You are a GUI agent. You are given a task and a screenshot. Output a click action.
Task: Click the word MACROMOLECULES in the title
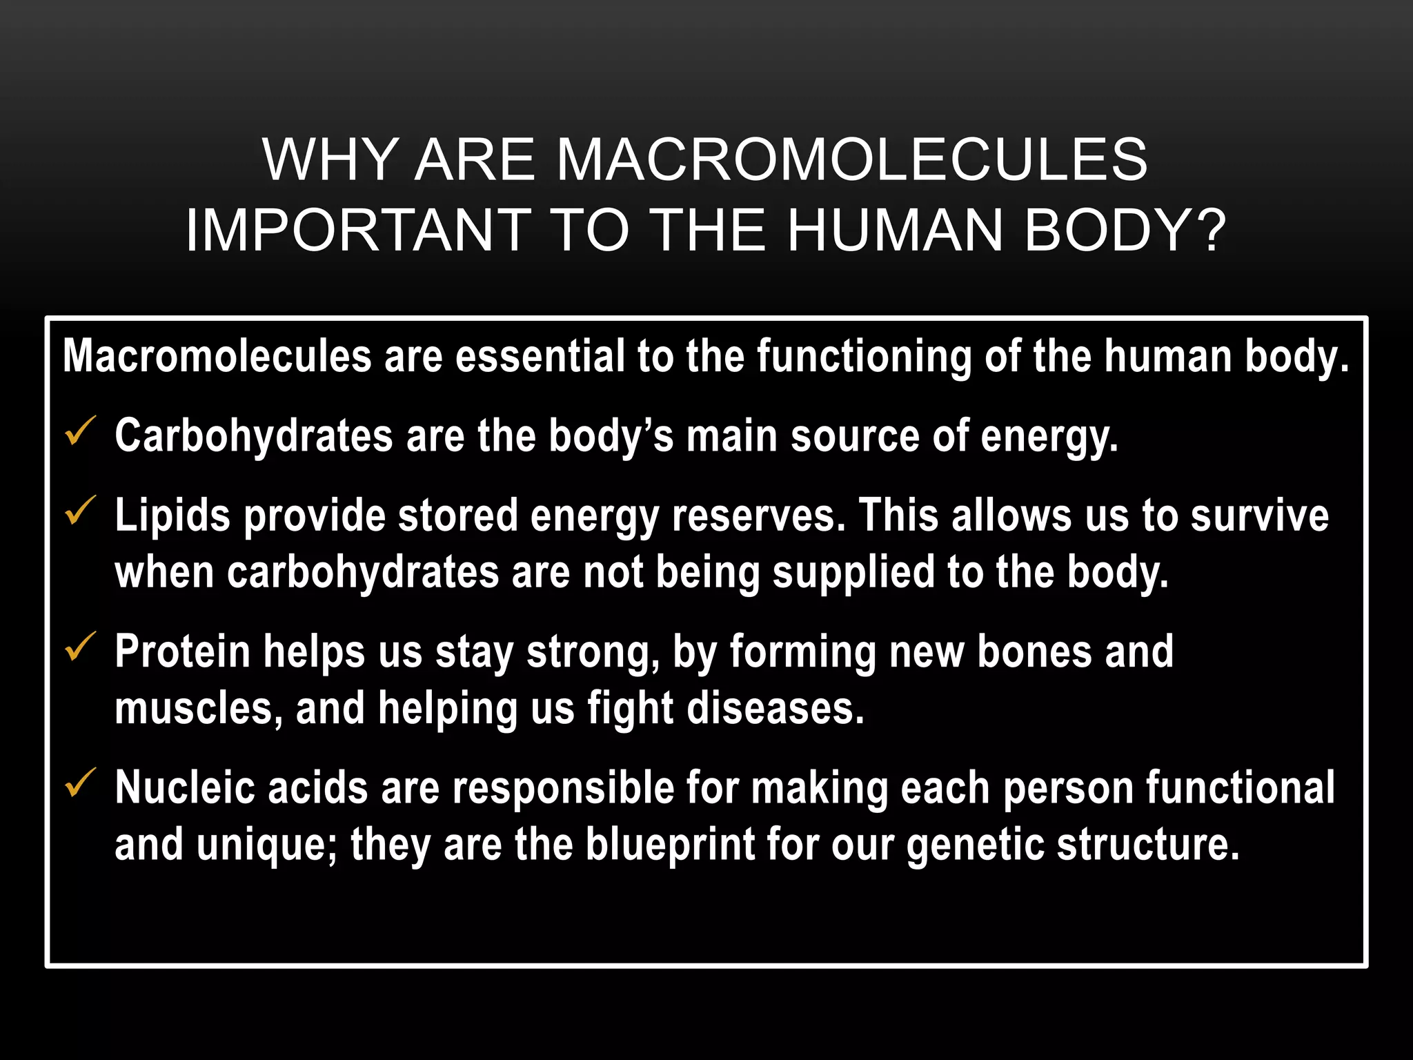[x=851, y=160]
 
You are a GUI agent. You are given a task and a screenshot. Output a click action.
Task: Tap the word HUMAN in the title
[x=896, y=230]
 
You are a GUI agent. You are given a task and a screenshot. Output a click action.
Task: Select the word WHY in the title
[x=329, y=160]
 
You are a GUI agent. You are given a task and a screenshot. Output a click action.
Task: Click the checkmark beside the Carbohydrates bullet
[x=80, y=432]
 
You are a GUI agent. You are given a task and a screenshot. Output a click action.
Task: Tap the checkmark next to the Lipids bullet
[x=80, y=512]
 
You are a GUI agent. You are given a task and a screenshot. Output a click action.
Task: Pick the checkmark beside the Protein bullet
[x=80, y=648]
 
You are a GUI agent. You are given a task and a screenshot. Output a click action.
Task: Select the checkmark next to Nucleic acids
[x=80, y=784]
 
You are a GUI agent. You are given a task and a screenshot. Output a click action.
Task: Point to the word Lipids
[x=172, y=516]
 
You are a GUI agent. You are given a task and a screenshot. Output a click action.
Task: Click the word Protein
[x=182, y=651]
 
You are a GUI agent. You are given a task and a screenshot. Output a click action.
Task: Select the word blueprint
[x=670, y=845]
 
